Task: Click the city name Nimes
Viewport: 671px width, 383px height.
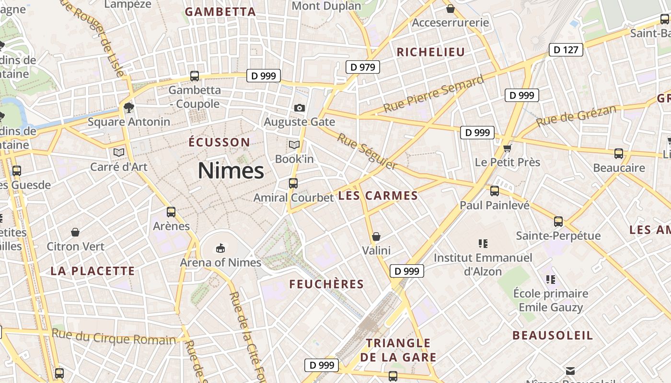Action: click(231, 171)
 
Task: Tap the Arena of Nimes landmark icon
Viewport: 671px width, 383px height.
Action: click(220, 248)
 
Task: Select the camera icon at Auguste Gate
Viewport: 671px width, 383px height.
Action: click(300, 108)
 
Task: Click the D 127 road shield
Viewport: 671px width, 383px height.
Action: click(566, 50)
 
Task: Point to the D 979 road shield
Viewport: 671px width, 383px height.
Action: click(363, 67)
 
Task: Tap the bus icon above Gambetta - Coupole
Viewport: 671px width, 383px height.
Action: click(195, 76)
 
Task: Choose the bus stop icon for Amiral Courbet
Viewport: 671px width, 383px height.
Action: click(293, 183)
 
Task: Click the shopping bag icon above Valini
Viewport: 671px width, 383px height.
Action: click(376, 237)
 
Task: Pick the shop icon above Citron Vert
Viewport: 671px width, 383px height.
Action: click(75, 232)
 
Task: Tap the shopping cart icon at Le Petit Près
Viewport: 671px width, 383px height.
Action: click(507, 148)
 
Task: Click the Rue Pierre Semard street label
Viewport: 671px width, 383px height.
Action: click(434, 94)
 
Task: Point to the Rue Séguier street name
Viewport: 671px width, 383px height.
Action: click(367, 151)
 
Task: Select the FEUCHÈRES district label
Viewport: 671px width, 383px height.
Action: click(326, 284)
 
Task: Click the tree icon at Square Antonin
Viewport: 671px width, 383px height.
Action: click(128, 107)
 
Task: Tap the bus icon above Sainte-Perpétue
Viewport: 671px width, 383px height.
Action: click(558, 221)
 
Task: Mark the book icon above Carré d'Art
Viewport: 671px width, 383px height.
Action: click(119, 152)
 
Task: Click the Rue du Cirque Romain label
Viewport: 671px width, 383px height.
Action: click(114, 337)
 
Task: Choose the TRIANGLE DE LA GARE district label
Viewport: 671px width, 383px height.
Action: click(398, 350)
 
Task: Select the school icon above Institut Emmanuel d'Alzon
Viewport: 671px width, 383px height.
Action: click(483, 244)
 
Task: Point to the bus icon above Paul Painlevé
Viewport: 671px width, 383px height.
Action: click(495, 191)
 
